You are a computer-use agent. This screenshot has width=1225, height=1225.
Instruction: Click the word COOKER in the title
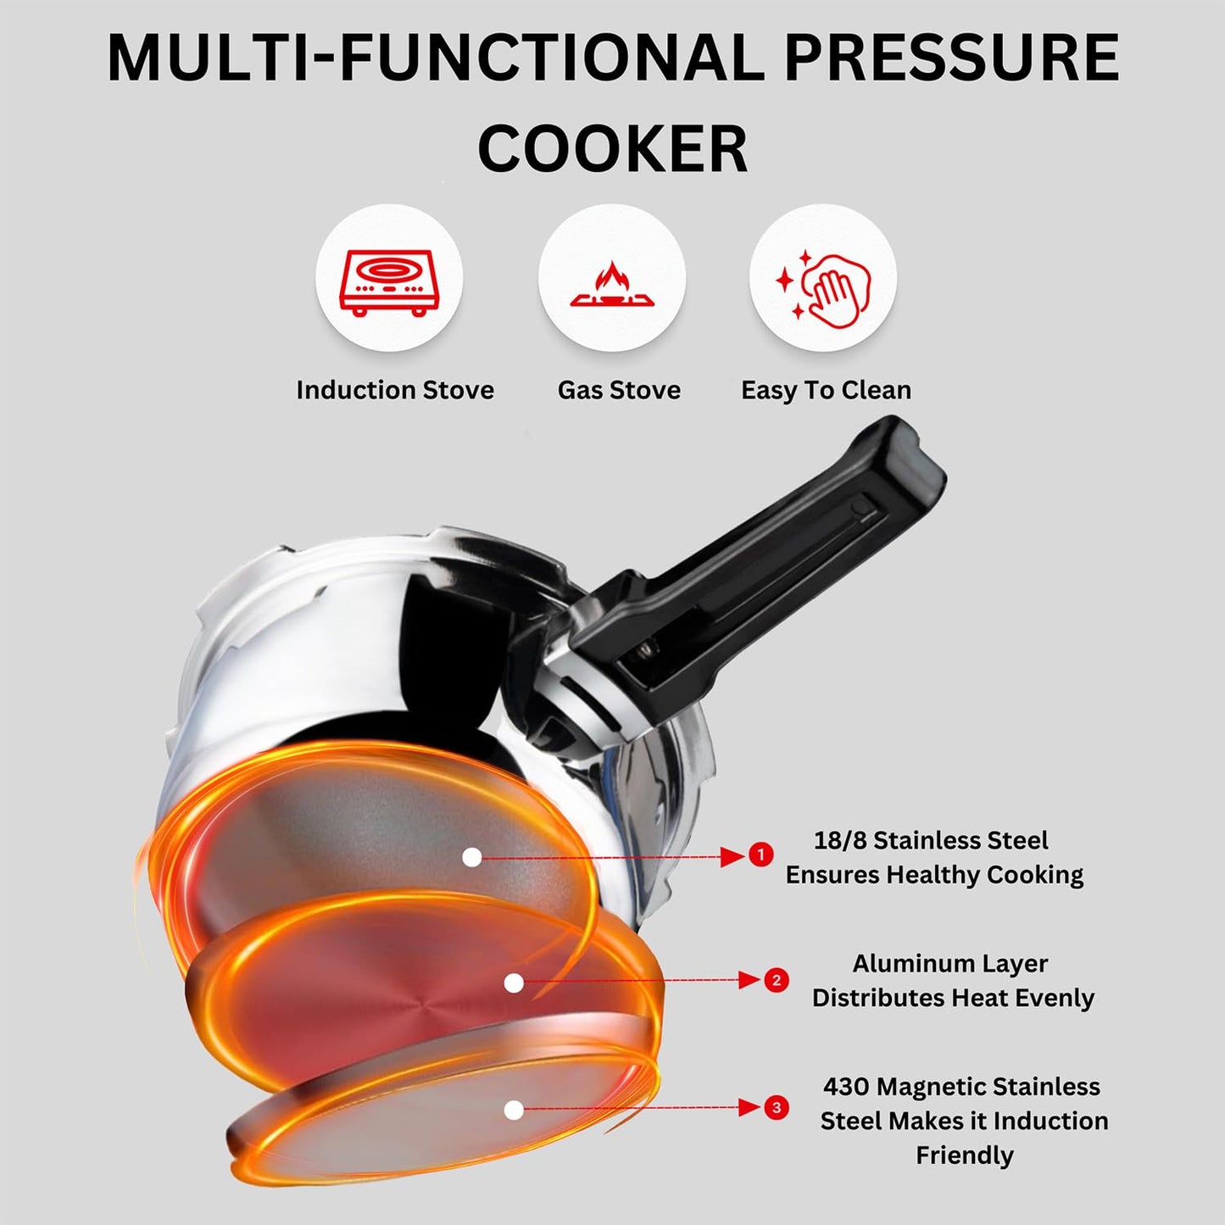(612, 149)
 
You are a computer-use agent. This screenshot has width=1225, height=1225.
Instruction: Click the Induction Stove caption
(395, 390)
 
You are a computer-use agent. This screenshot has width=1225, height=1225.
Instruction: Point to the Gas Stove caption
(619, 390)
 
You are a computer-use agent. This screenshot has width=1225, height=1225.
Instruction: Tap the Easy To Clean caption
(826, 390)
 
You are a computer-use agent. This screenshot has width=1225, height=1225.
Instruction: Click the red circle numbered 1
(760, 855)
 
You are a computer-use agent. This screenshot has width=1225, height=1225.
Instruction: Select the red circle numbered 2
(776, 981)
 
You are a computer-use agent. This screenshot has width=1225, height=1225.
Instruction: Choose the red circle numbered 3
(776, 1108)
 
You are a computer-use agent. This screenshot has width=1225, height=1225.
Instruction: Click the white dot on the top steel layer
(472, 858)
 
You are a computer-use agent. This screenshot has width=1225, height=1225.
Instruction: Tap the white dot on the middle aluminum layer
(513, 983)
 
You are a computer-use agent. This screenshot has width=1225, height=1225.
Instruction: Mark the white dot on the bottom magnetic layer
(513, 1110)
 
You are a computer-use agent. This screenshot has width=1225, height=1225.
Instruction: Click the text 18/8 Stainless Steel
(931, 840)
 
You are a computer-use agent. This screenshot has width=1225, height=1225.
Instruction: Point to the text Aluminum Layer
(949, 964)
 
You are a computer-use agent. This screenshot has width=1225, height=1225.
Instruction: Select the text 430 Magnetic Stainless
(961, 1087)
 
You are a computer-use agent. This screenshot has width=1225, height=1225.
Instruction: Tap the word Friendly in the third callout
(964, 1155)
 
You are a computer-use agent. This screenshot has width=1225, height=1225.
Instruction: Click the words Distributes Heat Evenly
(953, 998)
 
